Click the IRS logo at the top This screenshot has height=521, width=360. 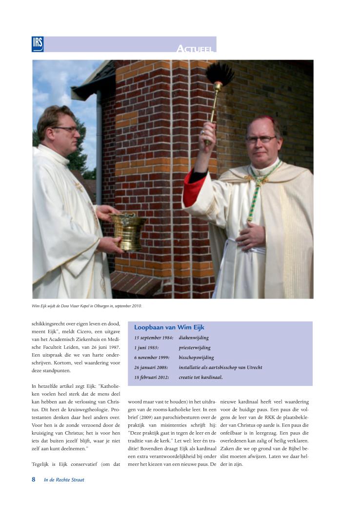tap(38, 44)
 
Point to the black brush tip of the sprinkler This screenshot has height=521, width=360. tap(220, 73)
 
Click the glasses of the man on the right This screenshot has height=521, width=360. tap(260, 139)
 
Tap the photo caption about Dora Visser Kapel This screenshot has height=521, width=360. tap(86, 306)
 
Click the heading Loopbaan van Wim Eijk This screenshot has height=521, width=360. tap(169, 328)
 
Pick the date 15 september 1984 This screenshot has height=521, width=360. tap(154, 338)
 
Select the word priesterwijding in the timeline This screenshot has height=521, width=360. tap(195, 348)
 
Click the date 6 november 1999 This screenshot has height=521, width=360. tap(152, 358)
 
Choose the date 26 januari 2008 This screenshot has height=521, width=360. tap(152, 367)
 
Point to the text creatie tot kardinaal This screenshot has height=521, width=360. tap(200, 377)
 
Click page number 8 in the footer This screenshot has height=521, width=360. tap(34, 480)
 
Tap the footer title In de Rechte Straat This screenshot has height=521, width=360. tap(64, 480)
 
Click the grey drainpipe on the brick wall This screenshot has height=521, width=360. tap(99, 146)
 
